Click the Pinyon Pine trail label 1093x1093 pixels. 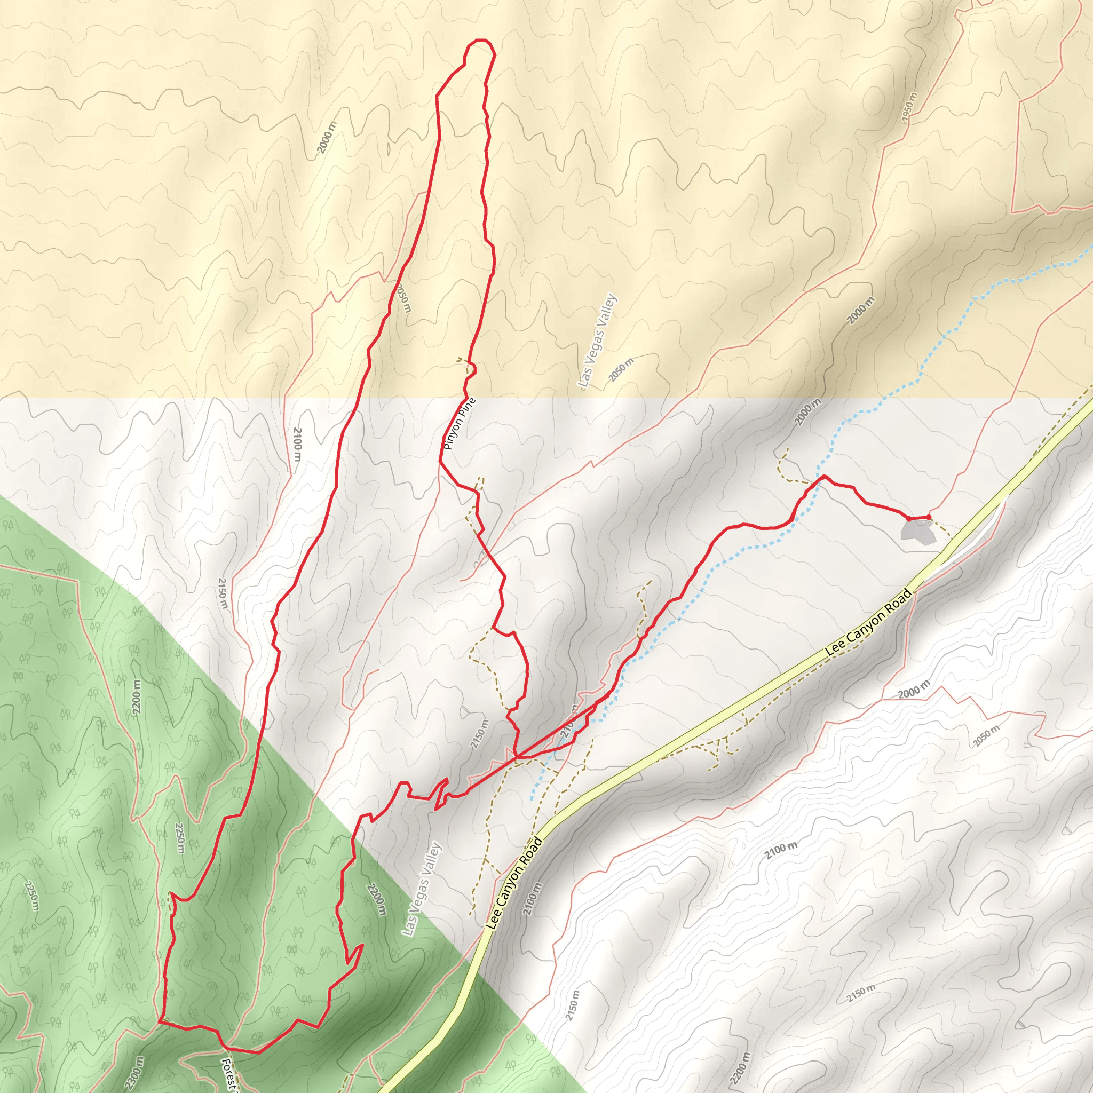(460, 424)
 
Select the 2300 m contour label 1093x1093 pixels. (134, 1072)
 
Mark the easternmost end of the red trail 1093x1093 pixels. (929, 517)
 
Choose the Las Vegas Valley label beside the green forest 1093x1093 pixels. (421, 889)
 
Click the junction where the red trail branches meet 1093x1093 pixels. (516, 756)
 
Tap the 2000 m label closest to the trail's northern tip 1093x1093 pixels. (327, 138)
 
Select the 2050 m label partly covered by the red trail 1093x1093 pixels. (402, 298)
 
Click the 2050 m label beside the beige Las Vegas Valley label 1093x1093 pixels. (621, 370)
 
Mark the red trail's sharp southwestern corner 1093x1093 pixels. (160, 1021)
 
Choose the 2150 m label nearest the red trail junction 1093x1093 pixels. (479, 734)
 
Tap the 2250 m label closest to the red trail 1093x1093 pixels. (179, 838)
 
